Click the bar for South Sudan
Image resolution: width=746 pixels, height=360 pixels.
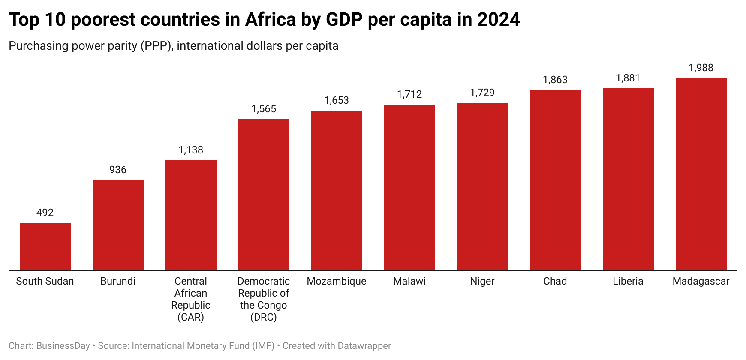45,247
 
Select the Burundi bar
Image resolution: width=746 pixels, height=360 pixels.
118,225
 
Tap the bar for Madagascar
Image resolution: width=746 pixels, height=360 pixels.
701,174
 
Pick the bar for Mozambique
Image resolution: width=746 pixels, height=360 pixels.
337,190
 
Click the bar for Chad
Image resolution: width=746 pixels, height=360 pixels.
555,180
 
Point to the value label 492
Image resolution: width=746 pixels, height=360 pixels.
45,213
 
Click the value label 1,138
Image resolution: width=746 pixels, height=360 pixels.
191,150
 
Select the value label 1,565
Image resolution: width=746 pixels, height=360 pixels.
264,109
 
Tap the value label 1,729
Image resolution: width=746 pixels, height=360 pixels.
482,93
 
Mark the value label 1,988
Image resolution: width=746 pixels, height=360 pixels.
701,68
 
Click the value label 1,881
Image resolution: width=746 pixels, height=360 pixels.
628,78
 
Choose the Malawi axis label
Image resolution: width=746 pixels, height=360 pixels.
409,281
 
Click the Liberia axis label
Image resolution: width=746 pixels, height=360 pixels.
628,281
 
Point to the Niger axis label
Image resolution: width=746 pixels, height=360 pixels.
482,281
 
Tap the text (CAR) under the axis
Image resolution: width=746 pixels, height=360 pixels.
191,317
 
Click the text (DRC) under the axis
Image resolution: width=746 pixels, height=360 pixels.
264,317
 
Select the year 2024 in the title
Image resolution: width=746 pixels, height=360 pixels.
498,20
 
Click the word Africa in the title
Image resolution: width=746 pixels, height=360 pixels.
270,20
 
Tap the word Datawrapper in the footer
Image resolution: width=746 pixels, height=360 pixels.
364,346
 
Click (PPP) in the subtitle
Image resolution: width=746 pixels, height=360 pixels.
157,46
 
